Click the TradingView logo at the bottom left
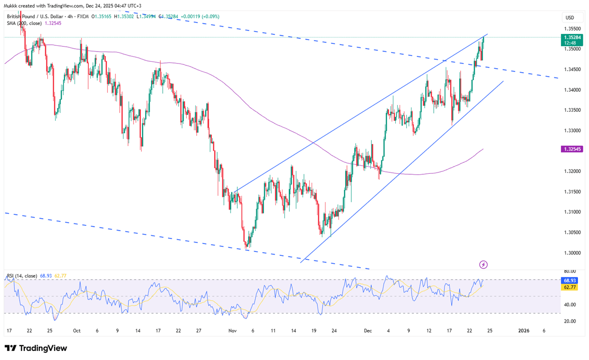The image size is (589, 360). pyautogui.click(x=36, y=348)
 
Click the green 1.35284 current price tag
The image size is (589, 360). pyautogui.click(x=572, y=37)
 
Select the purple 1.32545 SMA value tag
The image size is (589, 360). pyautogui.click(x=572, y=149)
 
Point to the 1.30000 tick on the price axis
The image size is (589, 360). pyautogui.click(x=572, y=253)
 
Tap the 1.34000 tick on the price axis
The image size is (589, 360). pyautogui.click(x=572, y=90)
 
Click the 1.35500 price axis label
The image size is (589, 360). pyautogui.click(x=572, y=29)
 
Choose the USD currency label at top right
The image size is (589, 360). pyautogui.click(x=569, y=18)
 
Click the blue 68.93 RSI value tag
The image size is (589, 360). pyautogui.click(x=571, y=281)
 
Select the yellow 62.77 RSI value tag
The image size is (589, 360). pyautogui.click(x=571, y=287)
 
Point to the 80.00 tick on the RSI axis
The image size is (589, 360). pyautogui.click(x=570, y=271)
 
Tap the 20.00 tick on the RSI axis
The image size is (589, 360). pyautogui.click(x=570, y=321)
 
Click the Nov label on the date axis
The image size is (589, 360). pyautogui.click(x=233, y=330)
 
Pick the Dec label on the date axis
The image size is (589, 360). pyautogui.click(x=368, y=330)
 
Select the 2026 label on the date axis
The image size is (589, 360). pyautogui.click(x=524, y=330)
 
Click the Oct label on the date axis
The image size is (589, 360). pyautogui.click(x=76, y=330)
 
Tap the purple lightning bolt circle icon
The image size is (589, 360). pyautogui.click(x=484, y=265)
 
